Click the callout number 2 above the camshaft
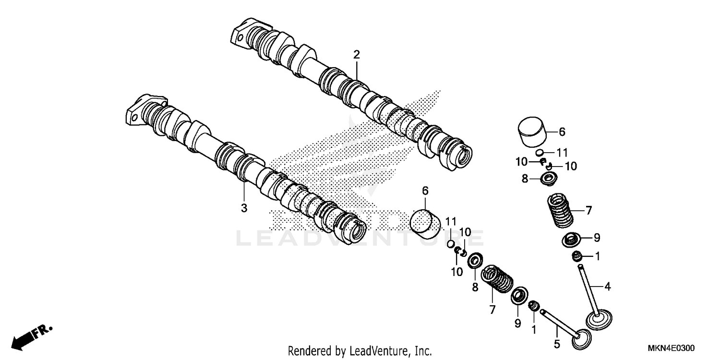tap(356, 55)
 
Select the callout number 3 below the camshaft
tap(244, 208)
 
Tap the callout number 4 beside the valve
tap(607, 287)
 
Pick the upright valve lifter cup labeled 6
tap(532, 131)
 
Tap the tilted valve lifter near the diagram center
tap(425, 224)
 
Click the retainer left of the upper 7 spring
tap(548, 180)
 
